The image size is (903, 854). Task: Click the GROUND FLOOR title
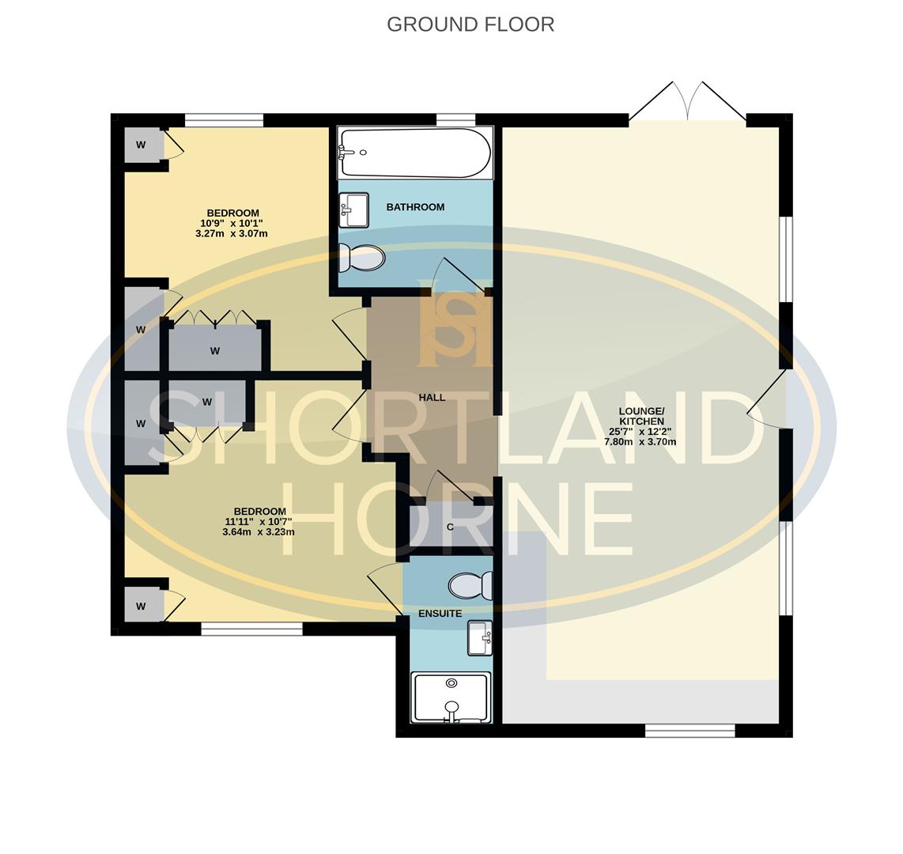pos(470,25)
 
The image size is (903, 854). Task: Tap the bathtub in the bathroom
pos(415,153)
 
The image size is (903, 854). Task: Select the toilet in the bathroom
pos(361,258)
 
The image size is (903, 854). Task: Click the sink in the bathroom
pos(353,210)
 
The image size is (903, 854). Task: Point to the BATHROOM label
pos(415,207)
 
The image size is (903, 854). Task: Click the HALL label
pos(432,397)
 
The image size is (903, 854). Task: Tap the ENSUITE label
pos(440,614)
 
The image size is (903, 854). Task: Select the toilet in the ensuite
pos(470,586)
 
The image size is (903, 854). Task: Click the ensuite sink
pos(480,638)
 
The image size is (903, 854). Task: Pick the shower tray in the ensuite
pos(451,697)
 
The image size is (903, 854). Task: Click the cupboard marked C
pos(451,527)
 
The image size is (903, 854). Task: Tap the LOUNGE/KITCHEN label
pos(641,417)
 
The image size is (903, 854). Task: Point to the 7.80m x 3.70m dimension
pos(640,442)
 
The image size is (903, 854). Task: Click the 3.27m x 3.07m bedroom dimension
pos(232,234)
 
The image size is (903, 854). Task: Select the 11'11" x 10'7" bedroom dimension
pos(259,522)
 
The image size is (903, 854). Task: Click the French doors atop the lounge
pos(688,101)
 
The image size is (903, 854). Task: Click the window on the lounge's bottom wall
pos(690,731)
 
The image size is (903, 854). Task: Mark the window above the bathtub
pos(455,119)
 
